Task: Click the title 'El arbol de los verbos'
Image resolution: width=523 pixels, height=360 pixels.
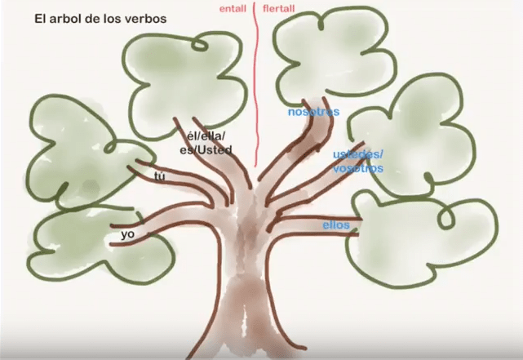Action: pyautogui.click(x=100, y=19)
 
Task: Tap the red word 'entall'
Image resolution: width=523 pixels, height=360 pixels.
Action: pyautogui.click(x=233, y=9)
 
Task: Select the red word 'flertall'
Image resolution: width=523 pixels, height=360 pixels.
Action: pyautogui.click(x=279, y=8)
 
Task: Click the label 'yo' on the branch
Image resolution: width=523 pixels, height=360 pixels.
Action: pyautogui.click(x=128, y=234)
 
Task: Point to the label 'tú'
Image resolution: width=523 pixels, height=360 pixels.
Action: pyautogui.click(x=160, y=176)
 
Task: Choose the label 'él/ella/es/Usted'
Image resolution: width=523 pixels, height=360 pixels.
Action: pyautogui.click(x=206, y=143)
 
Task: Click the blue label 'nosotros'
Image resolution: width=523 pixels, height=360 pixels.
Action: pyautogui.click(x=313, y=112)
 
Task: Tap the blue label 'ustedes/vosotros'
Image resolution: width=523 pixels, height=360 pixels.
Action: pyautogui.click(x=358, y=162)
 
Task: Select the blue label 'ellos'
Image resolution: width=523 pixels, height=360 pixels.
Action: pyautogui.click(x=336, y=225)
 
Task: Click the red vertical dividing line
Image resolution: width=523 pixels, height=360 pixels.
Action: pyautogui.click(x=256, y=83)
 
